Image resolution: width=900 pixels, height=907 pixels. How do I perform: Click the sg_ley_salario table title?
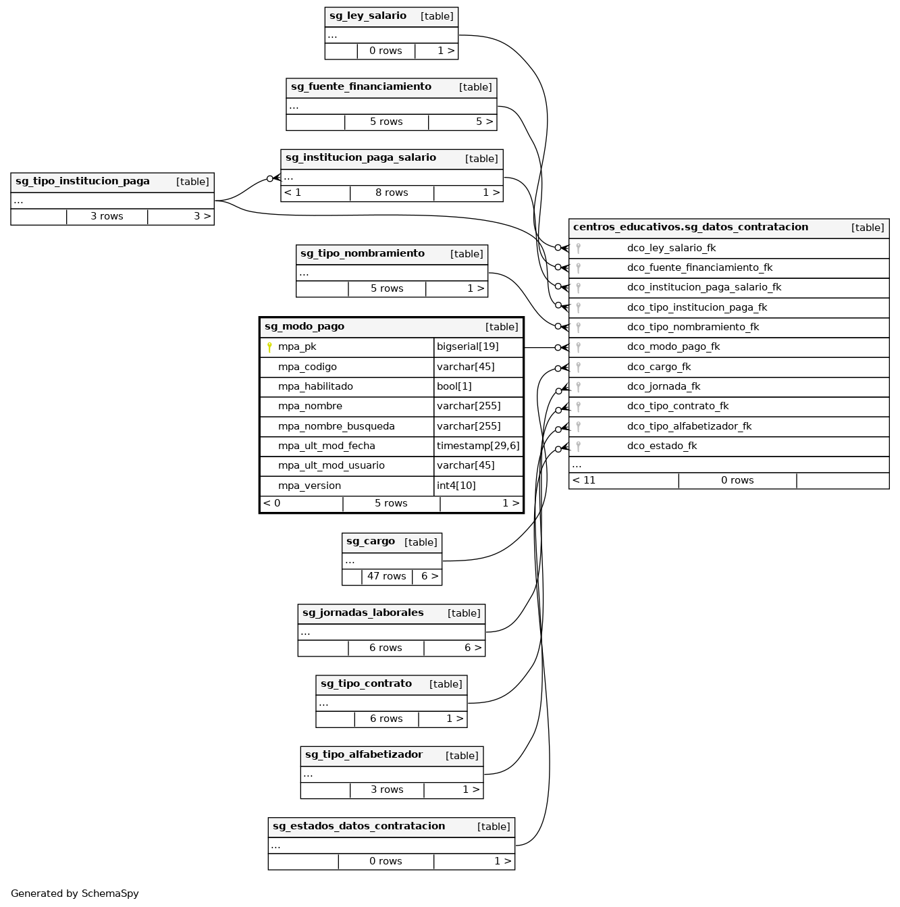point(368,16)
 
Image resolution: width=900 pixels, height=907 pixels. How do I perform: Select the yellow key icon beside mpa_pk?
point(269,347)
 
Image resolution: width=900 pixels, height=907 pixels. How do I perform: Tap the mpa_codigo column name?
point(307,367)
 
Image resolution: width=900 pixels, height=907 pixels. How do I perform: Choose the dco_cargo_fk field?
point(658,367)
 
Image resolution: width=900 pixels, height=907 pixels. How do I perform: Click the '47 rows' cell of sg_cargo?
point(386,576)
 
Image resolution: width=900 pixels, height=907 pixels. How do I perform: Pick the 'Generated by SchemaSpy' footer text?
point(75,893)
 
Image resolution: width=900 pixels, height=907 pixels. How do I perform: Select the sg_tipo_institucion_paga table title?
point(82,181)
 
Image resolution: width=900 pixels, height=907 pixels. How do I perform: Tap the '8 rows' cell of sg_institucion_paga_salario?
point(392,192)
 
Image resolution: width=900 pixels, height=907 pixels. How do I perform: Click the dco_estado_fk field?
point(662,446)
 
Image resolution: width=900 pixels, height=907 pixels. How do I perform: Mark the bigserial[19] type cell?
point(468,346)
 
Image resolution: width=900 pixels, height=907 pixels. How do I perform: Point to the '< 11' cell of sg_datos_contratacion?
point(584,480)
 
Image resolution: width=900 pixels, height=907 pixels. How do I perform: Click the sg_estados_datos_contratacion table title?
point(359,826)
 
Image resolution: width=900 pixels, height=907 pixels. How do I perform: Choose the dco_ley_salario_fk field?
point(671,248)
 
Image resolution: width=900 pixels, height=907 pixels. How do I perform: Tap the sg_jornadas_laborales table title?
point(363,613)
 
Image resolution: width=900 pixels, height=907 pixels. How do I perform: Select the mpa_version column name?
point(309,486)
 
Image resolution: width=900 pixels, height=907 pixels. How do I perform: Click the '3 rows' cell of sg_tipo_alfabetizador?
point(387,789)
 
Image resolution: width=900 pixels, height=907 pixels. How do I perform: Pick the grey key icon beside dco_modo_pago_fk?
point(578,347)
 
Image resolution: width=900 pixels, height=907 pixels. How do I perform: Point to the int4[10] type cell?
point(456,486)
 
